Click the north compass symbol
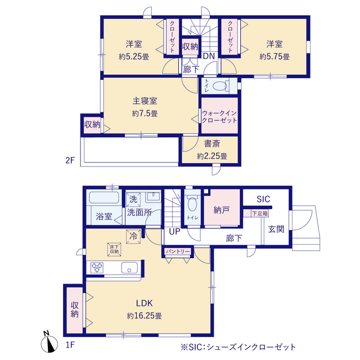coord(49,343)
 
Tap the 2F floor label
coord(70,160)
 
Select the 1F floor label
coord(70,345)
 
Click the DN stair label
coord(209,56)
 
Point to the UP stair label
coord(174,231)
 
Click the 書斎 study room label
coord(212,144)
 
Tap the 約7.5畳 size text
coord(145,114)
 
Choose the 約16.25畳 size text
coord(145,316)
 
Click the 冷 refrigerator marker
coord(133,236)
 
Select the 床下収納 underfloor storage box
coord(114,249)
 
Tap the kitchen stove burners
coord(97,268)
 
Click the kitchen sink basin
coord(129,268)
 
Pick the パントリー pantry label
coord(178,251)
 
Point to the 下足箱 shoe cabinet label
coord(260,214)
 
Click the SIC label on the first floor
coord(263,199)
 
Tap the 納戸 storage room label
coord(221,210)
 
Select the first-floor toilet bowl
coord(192,203)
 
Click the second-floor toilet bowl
coord(220,86)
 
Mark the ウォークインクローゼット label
coord(219,116)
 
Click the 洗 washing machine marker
coord(133,199)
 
